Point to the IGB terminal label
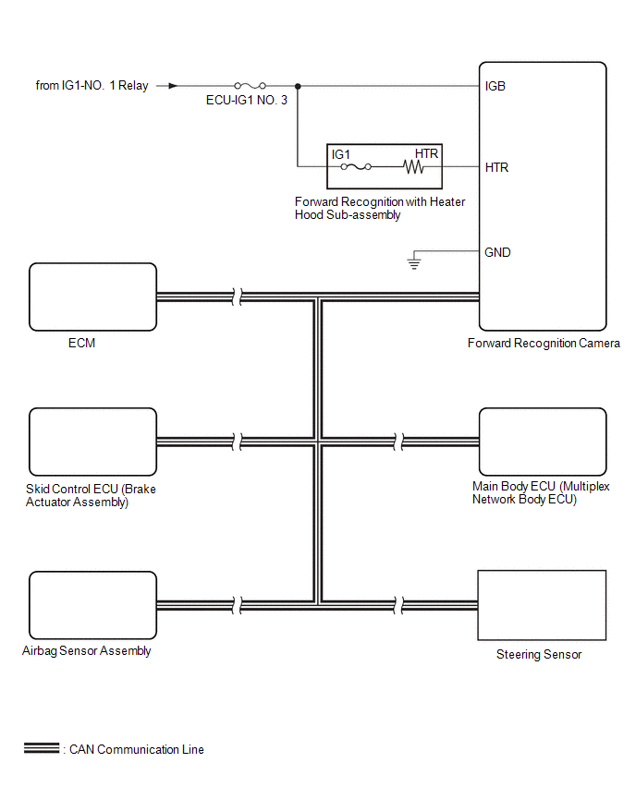[495, 86]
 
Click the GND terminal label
[497, 252]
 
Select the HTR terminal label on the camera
[496, 167]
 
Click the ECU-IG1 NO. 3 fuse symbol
[251, 86]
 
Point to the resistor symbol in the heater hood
[413, 166]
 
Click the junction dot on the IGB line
[298, 86]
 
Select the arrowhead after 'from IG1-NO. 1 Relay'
[173, 86]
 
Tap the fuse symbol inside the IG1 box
[356, 166]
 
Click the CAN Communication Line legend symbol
[42, 748]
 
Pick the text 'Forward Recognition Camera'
[544, 344]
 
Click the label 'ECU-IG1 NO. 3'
[247, 101]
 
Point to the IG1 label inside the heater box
[340, 154]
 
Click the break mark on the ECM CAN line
[238, 297]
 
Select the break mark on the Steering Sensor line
[398, 605]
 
